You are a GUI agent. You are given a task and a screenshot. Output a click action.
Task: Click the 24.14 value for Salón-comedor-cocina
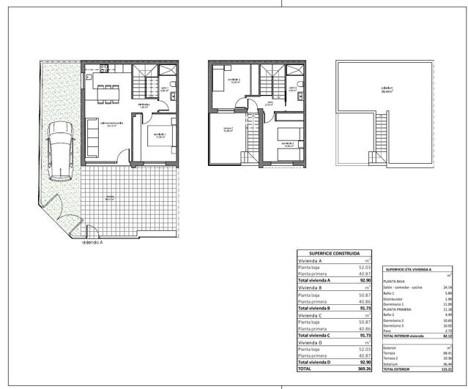click(x=459, y=287)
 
